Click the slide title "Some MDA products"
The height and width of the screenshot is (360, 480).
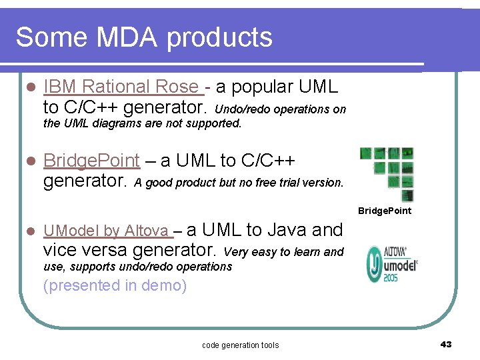(x=144, y=37)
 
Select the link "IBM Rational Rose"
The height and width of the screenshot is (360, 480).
(x=121, y=87)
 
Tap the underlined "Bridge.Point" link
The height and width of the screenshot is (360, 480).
(x=91, y=161)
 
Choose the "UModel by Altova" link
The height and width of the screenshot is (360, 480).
(x=106, y=231)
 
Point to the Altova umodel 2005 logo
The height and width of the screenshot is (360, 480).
(x=392, y=265)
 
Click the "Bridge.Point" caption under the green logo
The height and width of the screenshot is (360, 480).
(x=385, y=211)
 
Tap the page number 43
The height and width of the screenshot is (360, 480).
(x=446, y=344)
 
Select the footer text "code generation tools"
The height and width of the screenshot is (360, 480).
(x=240, y=345)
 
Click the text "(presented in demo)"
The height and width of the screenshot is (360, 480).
(x=115, y=286)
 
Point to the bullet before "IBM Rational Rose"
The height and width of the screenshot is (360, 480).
(x=28, y=87)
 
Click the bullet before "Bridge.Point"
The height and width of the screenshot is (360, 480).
(x=28, y=161)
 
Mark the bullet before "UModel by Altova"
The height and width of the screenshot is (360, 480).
(x=28, y=231)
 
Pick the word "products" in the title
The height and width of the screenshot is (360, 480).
(x=220, y=37)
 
